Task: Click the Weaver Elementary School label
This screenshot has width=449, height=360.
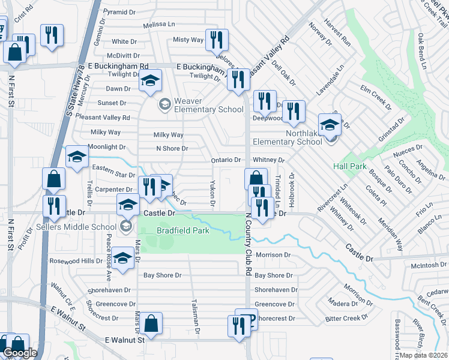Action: [208, 105]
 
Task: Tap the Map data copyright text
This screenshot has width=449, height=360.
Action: [424, 355]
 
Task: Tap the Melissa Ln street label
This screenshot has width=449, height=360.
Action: [159, 25]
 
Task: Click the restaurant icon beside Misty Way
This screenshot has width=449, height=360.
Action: [215, 40]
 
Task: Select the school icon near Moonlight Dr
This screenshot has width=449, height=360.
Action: [77, 157]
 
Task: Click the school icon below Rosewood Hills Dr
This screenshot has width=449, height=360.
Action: [123, 259]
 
